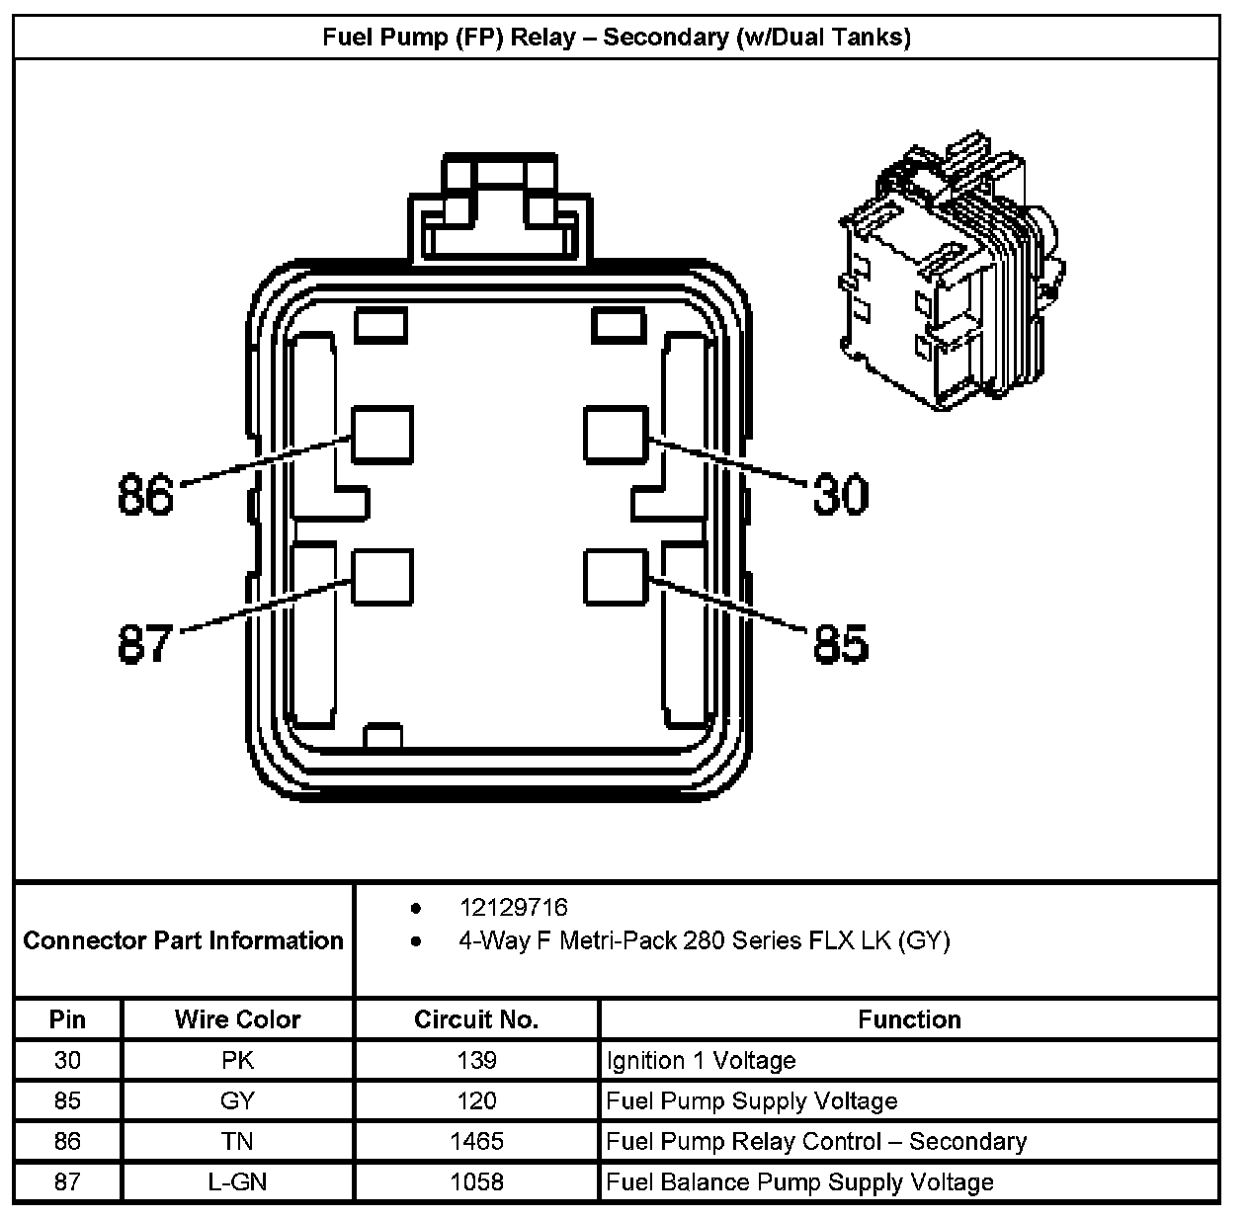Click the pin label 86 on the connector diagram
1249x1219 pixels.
click(145, 494)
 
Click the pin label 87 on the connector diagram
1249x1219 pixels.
click(145, 643)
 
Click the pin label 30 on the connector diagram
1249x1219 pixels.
click(840, 494)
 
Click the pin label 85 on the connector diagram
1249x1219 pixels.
click(840, 643)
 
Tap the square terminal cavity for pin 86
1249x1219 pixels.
click(381, 436)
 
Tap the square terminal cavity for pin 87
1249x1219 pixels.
click(381, 577)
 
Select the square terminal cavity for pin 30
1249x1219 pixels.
click(615, 436)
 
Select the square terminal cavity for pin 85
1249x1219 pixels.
click(615, 577)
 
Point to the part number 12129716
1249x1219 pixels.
click(513, 908)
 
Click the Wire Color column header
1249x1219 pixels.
click(237, 1019)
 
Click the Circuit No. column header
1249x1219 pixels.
click(476, 1019)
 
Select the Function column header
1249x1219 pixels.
click(909, 1019)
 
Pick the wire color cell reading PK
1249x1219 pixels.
click(237, 1061)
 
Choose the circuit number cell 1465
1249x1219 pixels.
click(476, 1142)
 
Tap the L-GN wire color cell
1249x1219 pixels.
click(237, 1182)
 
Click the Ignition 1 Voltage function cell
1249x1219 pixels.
click(701, 1061)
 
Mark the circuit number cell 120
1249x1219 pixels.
click(476, 1101)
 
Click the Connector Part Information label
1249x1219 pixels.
click(183, 940)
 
